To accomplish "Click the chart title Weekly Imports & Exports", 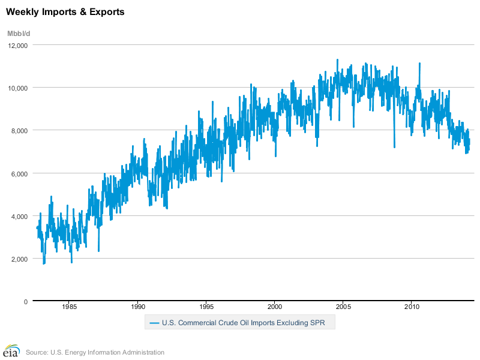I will pyautogui.click(x=65, y=12).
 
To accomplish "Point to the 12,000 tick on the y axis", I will pyautogui.click(x=19, y=45).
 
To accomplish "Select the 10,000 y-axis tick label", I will pyautogui.click(x=19, y=88).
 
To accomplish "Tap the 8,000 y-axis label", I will pyautogui.click(x=20, y=130).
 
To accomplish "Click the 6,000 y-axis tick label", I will pyautogui.click(x=20, y=173).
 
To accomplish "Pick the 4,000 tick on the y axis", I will pyautogui.click(x=20, y=216).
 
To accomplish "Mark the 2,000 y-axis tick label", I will pyautogui.click(x=20, y=259).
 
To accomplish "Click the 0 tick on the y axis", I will pyautogui.click(x=26, y=301).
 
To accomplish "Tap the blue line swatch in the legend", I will pyautogui.click(x=154, y=323).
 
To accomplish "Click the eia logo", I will pyautogui.click(x=11, y=351).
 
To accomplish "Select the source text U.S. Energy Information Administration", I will pyautogui.click(x=95, y=352).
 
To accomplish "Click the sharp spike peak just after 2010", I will pyautogui.click(x=419, y=63).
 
